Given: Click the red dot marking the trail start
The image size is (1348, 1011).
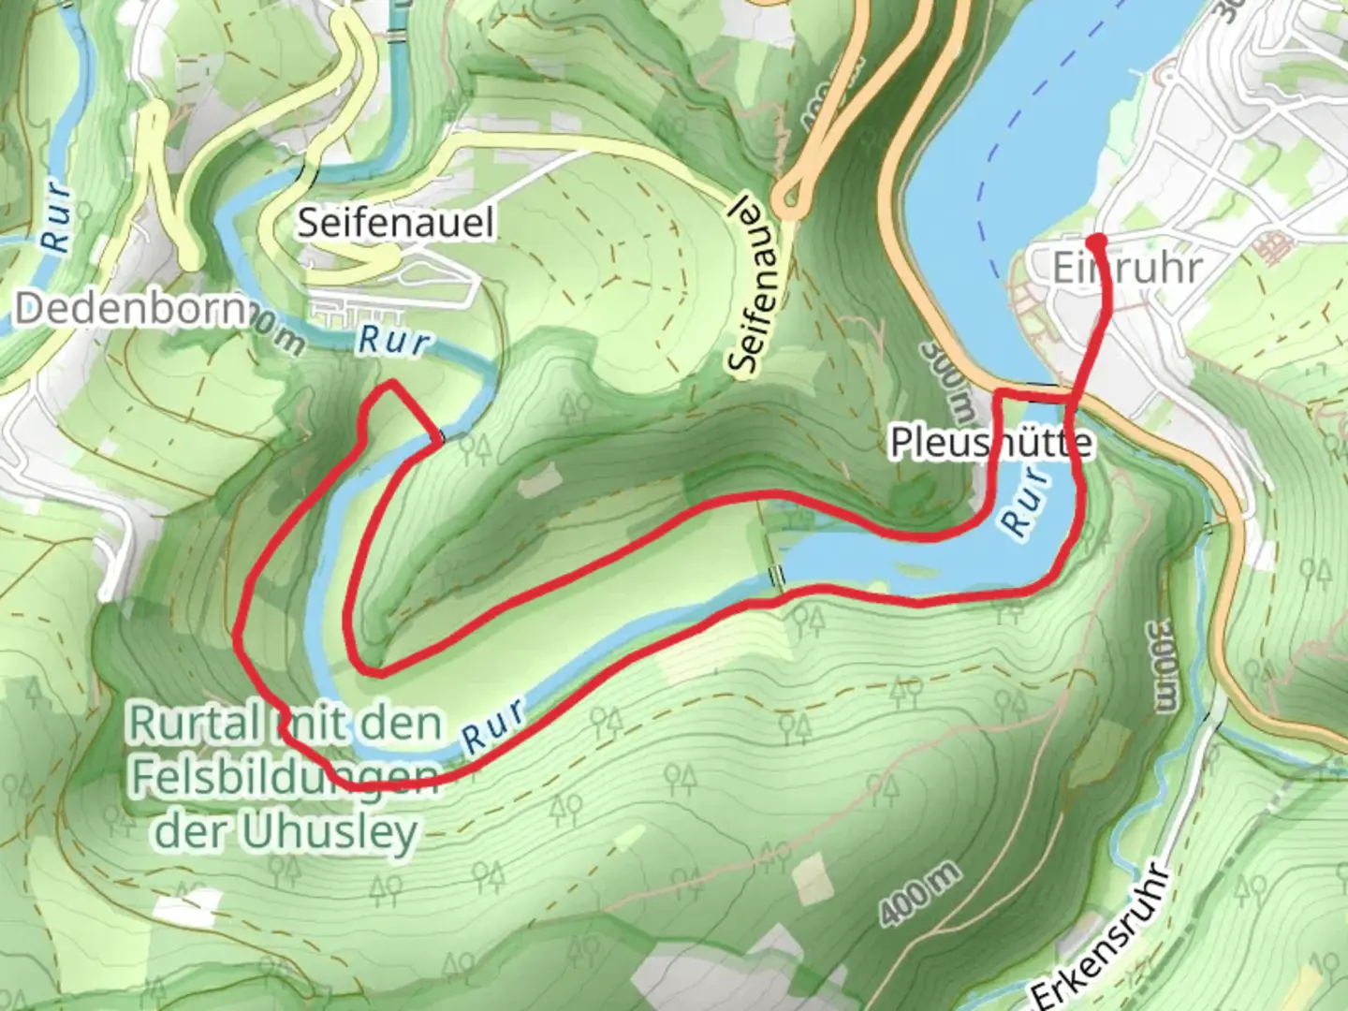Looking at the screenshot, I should [x=1098, y=242].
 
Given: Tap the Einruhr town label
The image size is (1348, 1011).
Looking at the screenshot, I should [x=1127, y=269].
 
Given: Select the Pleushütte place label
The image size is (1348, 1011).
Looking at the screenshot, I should [x=990, y=443].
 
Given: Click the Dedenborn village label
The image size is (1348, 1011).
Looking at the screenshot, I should [x=131, y=308].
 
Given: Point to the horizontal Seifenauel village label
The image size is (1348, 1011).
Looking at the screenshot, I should [x=396, y=223].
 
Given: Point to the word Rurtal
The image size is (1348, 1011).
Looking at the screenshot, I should [x=195, y=723].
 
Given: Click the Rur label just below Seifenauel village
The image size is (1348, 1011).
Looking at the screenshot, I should [x=394, y=341].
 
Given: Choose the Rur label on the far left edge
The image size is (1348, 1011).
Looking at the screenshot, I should [x=56, y=216].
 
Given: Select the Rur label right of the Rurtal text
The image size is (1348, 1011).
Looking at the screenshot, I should [x=493, y=725].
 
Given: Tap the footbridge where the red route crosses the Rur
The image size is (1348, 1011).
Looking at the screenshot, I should [x=439, y=436].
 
